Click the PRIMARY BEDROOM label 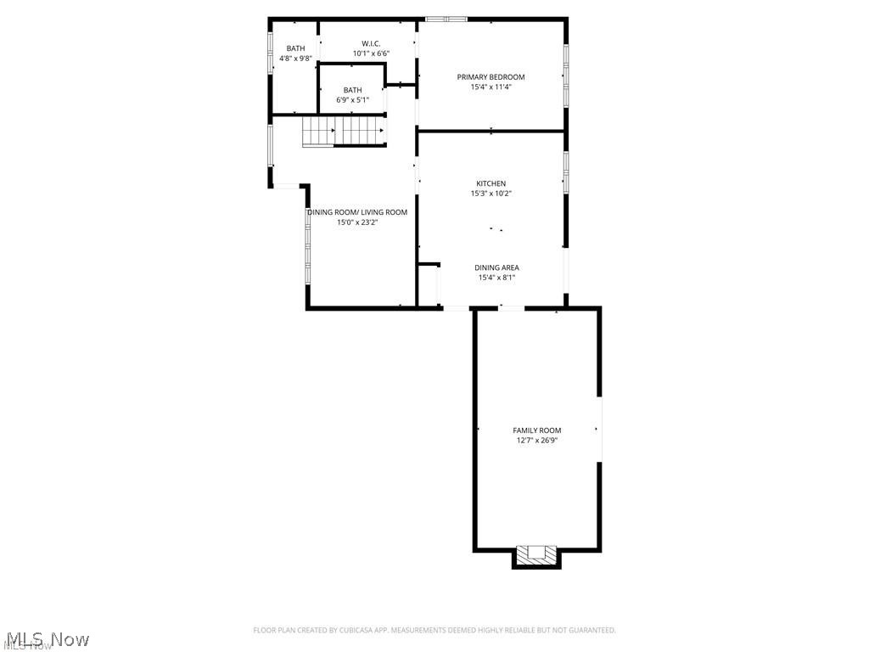pos(491,77)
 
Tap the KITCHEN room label pos(491,183)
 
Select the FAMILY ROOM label pos(536,430)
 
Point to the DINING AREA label pos(496,267)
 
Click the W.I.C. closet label pos(371,43)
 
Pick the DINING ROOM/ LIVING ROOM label pos(357,212)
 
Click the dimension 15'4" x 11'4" pos(491,87)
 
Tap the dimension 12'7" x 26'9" pos(536,441)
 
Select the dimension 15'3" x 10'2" pos(491,194)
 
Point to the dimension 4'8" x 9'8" pos(295,59)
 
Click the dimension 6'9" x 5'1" pos(352,100)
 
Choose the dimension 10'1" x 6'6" pos(371,53)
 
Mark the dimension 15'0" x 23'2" pos(357,222)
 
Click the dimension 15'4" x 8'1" pos(496,278)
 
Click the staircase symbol pos(344,132)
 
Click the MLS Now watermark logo pos(46,638)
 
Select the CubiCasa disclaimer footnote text pos(434,630)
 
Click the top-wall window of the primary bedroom pos(446,19)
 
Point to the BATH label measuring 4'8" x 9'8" pos(295,48)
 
